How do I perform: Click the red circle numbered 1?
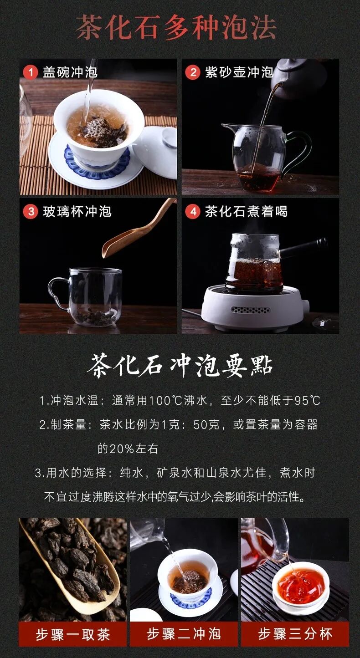pos(31,72)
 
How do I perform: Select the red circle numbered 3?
pos(31,211)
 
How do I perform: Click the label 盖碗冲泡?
pos(70,72)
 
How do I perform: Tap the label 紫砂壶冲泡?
pos(239,72)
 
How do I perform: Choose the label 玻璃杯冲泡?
pos(77,211)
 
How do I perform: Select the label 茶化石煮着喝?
pos(246,211)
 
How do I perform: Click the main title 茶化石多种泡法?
pos(176,27)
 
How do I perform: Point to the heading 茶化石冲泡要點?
pos(180,366)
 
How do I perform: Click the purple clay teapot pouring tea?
pos(297,78)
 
